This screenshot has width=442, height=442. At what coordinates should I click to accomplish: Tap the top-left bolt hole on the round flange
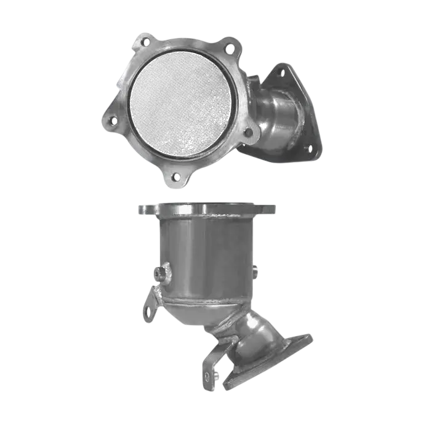tap(145, 42)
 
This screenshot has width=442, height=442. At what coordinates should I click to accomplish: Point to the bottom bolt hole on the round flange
tap(175, 177)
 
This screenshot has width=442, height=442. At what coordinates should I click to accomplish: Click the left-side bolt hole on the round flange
tap(113, 121)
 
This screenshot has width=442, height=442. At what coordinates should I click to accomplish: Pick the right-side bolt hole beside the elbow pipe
tap(248, 132)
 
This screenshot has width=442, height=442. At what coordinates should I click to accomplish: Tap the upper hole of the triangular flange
tap(281, 73)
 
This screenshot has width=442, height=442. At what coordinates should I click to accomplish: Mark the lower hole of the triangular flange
tap(308, 148)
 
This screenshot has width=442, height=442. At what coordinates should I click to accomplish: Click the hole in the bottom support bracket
tap(207, 376)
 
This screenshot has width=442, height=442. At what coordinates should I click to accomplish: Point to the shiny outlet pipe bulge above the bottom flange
tap(259, 332)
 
